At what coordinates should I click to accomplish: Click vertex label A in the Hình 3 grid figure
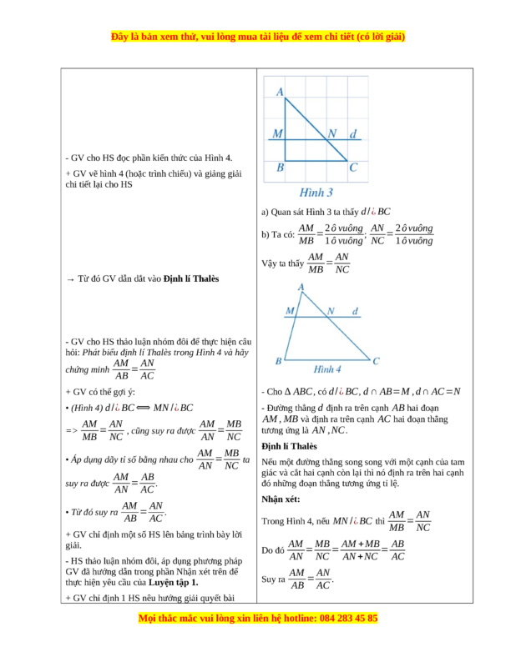tap(279, 92)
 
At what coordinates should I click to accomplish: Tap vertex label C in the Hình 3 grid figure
tap(353, 168)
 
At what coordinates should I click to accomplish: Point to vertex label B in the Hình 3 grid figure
tap(280, 168)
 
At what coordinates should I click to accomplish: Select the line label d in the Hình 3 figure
tap(353, 133)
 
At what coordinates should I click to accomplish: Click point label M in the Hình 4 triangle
tap(290, 311)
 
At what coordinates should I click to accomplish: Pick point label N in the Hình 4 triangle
tap(330, 311)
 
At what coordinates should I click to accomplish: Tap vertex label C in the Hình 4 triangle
tap(376, 361)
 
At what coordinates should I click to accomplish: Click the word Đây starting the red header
tap(122, 38)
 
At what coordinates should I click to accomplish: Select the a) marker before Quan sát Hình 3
tap(265, 212)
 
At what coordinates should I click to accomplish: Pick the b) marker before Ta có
tap(266, 235)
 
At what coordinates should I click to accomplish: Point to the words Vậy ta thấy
tap(282, 263)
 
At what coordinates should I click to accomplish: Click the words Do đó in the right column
tap(272, 550)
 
